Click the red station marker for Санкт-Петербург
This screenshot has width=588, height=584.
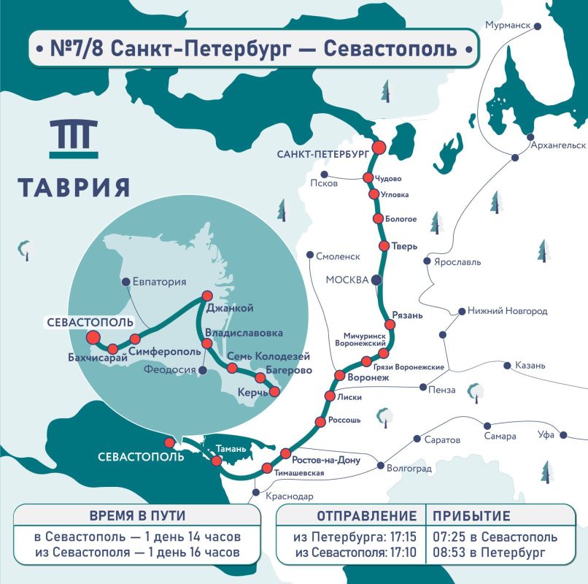tap(379, 147)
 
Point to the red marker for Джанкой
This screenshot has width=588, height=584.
tap(206, 296)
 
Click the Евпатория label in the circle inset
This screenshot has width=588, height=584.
tap(159, 282)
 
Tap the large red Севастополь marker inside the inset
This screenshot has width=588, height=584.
tap(93, 337)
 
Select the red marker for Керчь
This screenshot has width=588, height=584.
tap(274, 392)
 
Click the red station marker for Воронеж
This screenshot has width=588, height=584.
tap(339, 375)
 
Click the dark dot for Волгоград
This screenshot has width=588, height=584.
tap(379, 465)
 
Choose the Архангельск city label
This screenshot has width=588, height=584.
tap(560, 145)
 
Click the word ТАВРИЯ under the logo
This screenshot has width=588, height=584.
tap(74, 187)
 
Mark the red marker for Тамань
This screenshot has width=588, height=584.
tap(216, 461)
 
